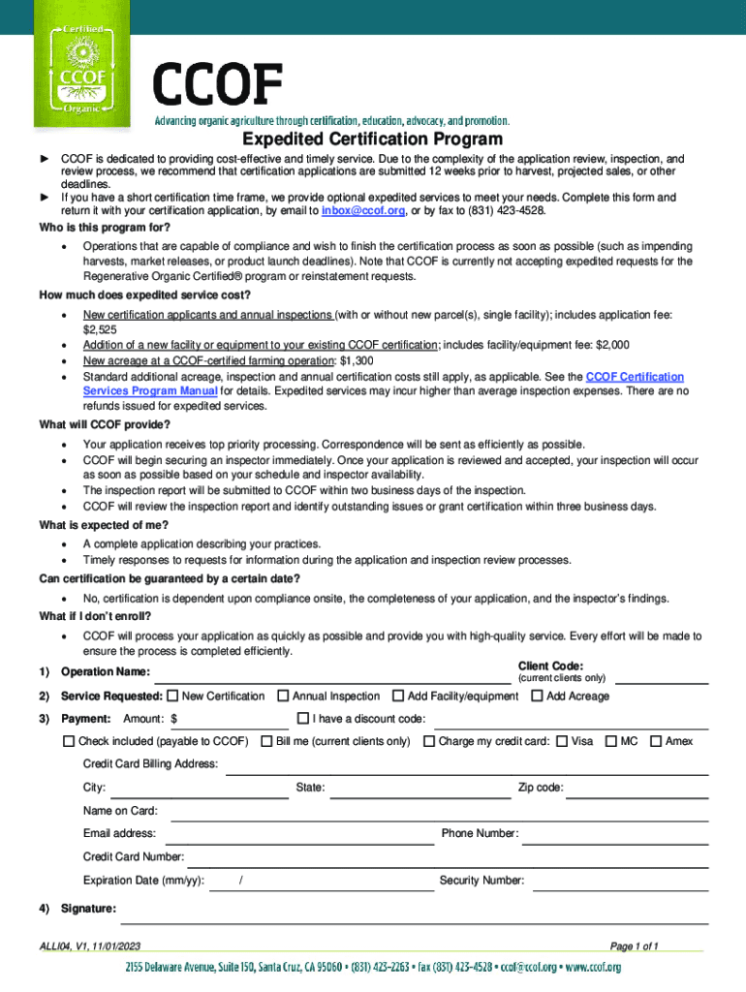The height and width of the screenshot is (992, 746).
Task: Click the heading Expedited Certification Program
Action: (372, 139)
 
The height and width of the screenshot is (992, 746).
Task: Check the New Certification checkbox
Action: (172, 696)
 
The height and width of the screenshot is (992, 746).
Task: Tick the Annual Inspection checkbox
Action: (283, 696)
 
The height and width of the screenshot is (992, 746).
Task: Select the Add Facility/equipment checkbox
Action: (398, 696)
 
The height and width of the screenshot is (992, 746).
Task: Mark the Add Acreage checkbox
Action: (537, 696)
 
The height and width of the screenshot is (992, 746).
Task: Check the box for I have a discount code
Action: (302, 718)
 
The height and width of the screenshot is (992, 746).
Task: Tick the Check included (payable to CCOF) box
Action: (69, 741)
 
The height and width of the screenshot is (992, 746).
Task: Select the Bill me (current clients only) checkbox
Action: (266, 741)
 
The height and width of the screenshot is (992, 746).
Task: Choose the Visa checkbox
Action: (562, 741)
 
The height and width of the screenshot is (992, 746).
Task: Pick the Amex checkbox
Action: (656, 741)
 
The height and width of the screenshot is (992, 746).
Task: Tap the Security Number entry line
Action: (620, 883)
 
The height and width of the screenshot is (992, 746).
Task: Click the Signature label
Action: (88, 909)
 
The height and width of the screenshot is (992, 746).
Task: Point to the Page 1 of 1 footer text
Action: (634, 945)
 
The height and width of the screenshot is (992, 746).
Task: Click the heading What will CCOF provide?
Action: (105, 425)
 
